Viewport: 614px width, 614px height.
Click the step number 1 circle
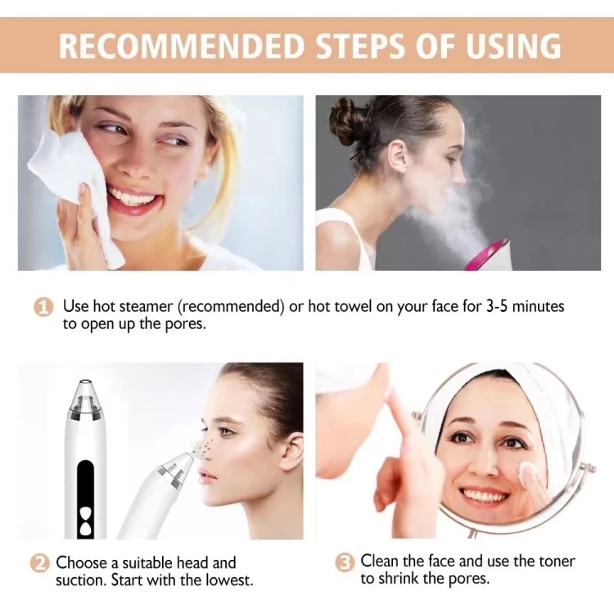43,307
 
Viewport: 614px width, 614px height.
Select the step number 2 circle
39,563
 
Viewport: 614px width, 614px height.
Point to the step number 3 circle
345,562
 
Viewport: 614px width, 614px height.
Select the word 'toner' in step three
554,562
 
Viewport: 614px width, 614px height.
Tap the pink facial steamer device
488,255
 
